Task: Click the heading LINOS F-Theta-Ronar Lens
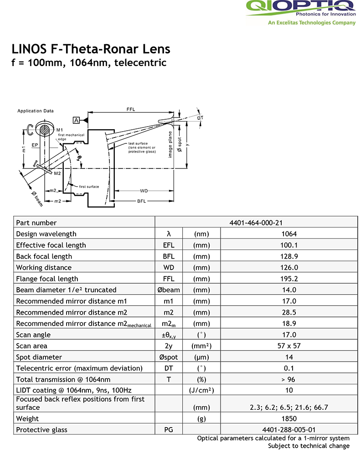point(91,49)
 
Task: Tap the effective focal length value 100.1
point(288,245)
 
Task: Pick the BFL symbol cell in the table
point(169,256)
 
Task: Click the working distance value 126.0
point(288,267)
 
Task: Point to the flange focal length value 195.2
point(288,279)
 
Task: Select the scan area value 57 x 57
point(288,346)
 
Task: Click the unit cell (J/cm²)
point(201,390)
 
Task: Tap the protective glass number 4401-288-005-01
point(288,430)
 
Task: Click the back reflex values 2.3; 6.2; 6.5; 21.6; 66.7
point(288,407)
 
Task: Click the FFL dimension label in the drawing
point(131,109)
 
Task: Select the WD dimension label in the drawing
point(144,190)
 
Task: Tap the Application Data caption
point(35,111)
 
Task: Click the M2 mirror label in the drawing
point(57,173)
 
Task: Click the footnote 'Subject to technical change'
point(309,446)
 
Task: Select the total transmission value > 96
point(288,379)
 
